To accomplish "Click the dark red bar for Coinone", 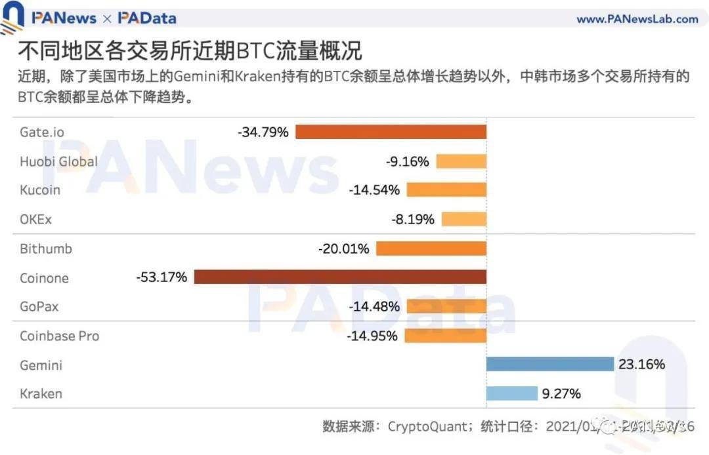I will coord(340,277).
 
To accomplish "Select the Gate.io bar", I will coord(391,132).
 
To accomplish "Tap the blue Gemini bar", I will coord(550,364).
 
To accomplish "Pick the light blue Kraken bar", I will coord(511,393).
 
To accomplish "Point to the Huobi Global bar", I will coord(461,161).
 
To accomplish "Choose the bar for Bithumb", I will coord(431,248).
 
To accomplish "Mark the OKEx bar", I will coord(463,219).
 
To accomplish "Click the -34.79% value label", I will coord(263,132).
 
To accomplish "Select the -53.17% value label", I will coord(161,277).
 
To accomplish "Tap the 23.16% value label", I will coord(641,364).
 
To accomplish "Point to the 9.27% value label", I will coord(561,393).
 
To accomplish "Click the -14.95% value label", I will coord(372,336).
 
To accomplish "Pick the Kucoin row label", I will coord(40,190).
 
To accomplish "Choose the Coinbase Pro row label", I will coord(60,336).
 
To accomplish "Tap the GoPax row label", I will coord(39,306).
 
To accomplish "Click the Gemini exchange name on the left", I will coord(41,365).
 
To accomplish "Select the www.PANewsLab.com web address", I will coord(637,19).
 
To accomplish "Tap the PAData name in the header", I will coord(147,18).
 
